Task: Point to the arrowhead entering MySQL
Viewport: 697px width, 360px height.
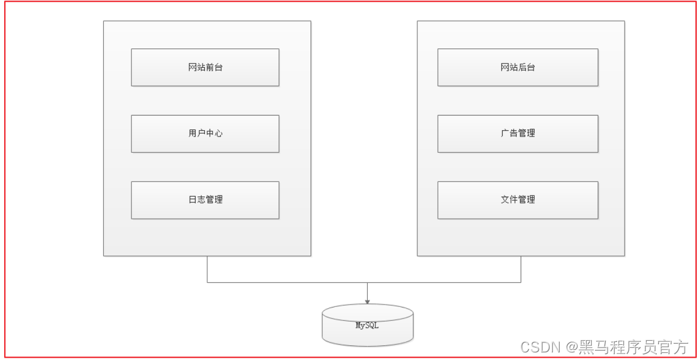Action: click(x=367, y=301)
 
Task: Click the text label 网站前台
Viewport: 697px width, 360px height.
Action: click(x=205, y=67)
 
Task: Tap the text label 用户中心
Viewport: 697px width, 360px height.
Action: click(x=205, y=133)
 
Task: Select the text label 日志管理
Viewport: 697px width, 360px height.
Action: click(x=205, y=200)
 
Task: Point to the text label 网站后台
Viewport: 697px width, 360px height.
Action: click(x=518, y=67)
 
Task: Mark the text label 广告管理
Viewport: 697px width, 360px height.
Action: click(x=518, y=133)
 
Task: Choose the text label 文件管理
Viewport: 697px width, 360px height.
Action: click(x=518, y=200)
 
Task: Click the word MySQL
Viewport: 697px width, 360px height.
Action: click(x=367, y=326)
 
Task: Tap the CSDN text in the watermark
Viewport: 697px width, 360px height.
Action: click(x=540, y=348)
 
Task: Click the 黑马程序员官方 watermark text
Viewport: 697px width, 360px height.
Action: click(x=633, y=348)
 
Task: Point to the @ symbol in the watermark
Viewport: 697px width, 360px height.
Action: click(x=571, y=348)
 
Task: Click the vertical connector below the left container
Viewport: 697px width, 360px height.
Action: click(x=207, y=269)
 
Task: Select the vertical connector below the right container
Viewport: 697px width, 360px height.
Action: click(x=521, y=269)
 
